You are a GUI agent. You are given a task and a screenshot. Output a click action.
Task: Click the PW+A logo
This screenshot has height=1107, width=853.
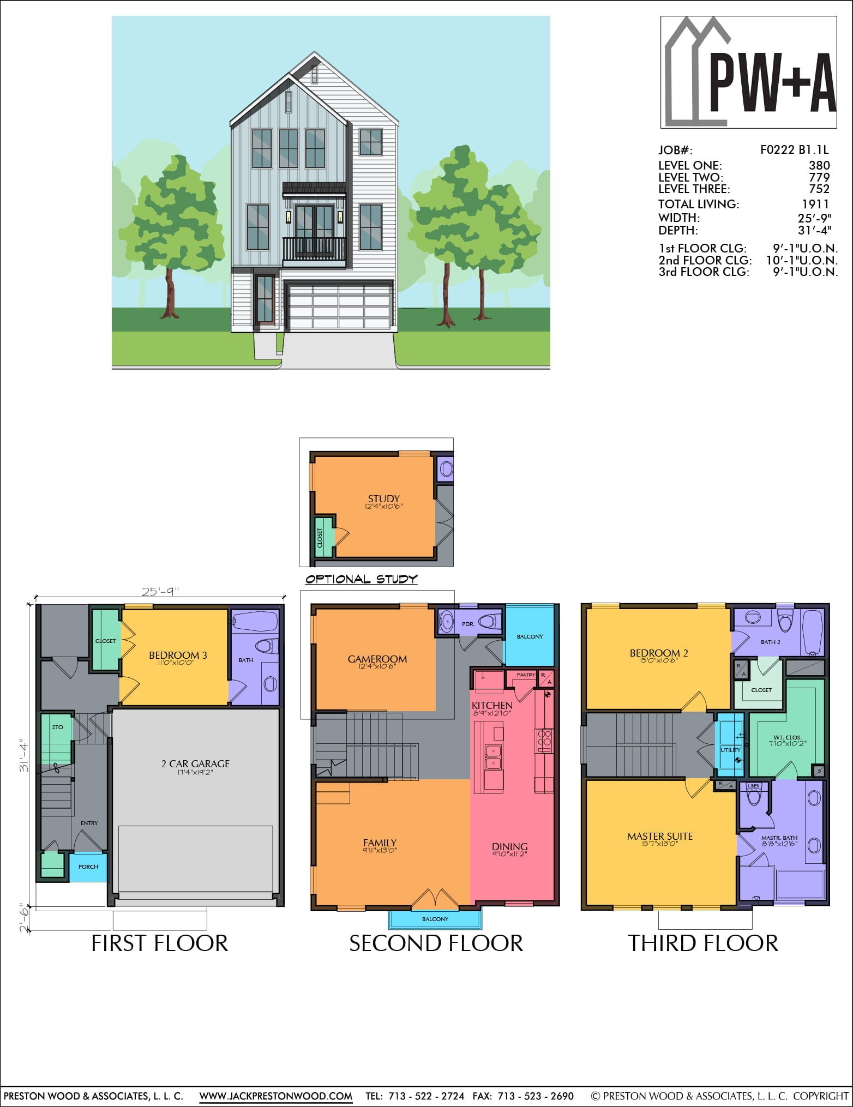click(748, 72)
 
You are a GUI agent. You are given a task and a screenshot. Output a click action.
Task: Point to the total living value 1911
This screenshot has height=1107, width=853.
click(815, 204)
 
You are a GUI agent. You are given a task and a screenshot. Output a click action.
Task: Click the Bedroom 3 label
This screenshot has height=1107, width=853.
click(178, 655)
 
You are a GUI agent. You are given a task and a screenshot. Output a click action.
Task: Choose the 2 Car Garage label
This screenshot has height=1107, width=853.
click(195, 763)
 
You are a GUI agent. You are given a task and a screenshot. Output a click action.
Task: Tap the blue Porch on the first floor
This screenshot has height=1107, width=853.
click(88, 867)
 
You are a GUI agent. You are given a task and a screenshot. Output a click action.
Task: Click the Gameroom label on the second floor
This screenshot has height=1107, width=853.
click(377, 659)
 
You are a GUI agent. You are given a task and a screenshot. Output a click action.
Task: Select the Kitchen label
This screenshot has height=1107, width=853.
click(492, 705)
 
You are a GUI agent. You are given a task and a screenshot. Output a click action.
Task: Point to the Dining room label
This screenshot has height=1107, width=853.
click(510, 846)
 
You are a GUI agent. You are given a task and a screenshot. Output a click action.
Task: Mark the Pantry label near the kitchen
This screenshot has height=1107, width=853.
click(526, 675)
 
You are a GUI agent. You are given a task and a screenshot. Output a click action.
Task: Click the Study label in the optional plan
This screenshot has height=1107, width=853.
click(383, 498)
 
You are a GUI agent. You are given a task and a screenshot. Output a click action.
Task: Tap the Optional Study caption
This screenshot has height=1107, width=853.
click(361, 579)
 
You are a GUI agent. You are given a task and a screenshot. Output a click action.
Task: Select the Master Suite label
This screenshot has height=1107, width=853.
click(660, 836)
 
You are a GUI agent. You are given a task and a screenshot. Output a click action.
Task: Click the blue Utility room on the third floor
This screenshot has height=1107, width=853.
click(730, 744)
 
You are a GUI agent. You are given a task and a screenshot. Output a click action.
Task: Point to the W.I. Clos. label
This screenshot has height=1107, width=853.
click(787, 737)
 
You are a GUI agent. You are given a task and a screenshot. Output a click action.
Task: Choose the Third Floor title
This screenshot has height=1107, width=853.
click(703, 943)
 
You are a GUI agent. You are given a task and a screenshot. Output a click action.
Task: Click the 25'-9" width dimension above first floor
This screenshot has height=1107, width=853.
click(160, 591)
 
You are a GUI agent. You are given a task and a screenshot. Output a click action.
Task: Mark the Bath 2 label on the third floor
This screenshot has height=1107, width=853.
click(770, 642)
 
